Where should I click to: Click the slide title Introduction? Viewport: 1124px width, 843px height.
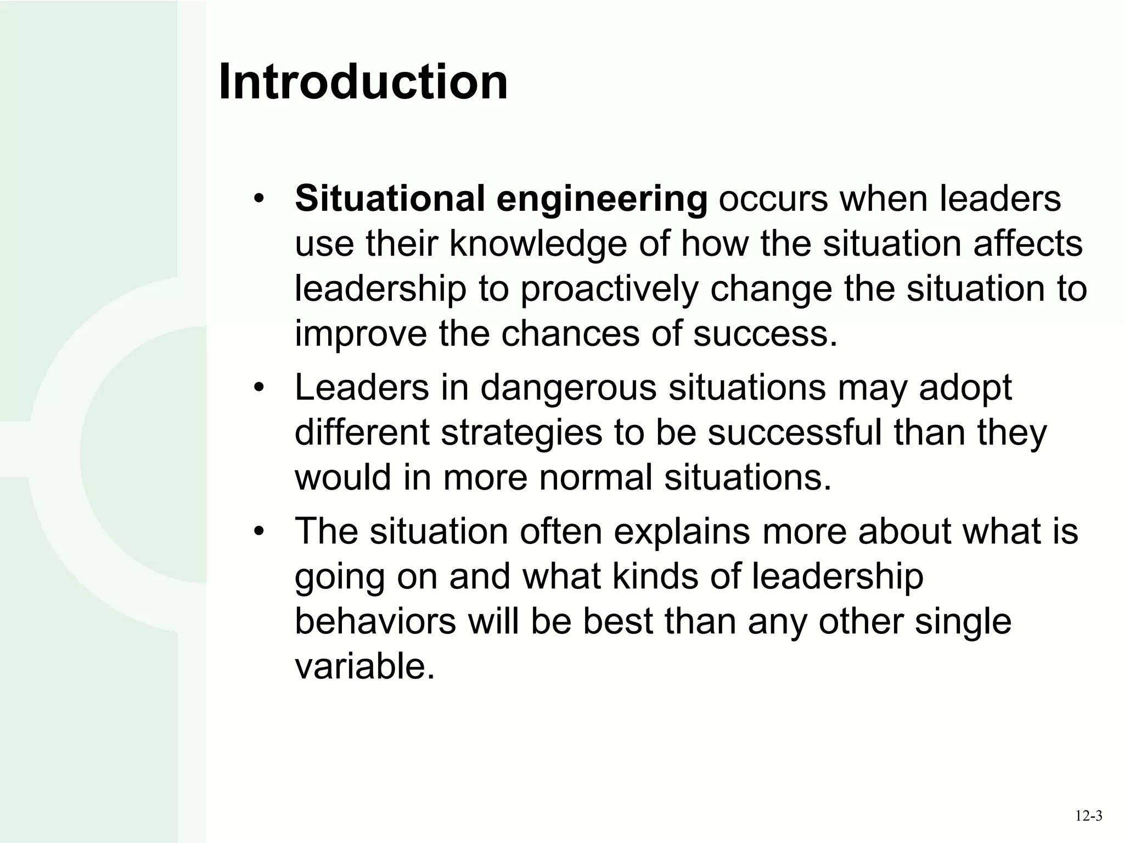363,82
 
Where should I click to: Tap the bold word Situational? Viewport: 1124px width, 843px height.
390,198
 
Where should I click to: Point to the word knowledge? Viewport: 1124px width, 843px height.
538,244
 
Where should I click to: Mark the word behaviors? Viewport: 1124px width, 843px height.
375,621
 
